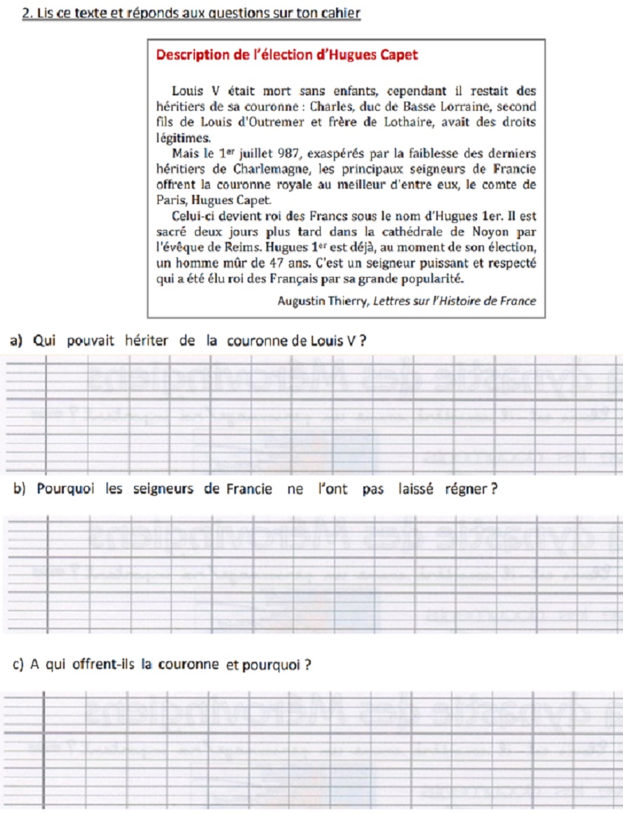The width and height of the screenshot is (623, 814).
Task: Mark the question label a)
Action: [x=17, y=341]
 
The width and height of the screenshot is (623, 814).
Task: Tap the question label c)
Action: [x=19, y=665]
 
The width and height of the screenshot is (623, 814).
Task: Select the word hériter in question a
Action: [x=147, y=341]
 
